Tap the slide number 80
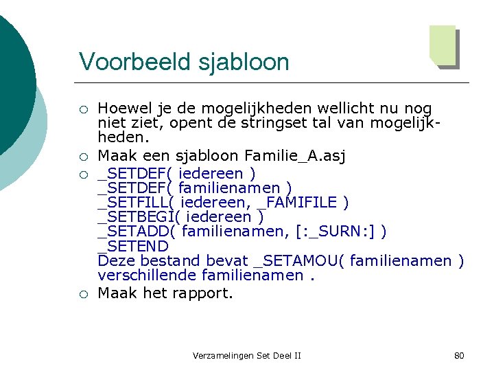coord(459,355)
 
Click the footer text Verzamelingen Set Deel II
coord(247,355)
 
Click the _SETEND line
coord(133,245)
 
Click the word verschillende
coord(147,275)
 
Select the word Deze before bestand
coord(115,260)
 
